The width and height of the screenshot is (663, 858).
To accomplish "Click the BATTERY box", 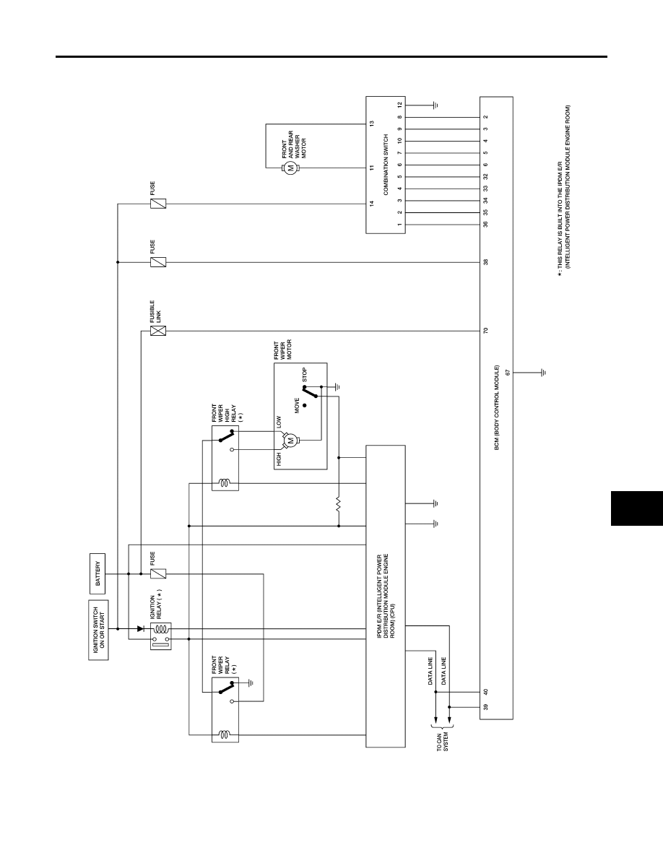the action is [x=98, y=573].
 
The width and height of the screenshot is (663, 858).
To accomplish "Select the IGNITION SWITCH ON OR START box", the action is [x=98, y=630].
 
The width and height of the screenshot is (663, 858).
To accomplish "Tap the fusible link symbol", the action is [x=158, y=331].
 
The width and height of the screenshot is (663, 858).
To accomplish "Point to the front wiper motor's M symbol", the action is [x=291, y=440].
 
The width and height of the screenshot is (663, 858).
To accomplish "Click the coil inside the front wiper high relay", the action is [x=225, y=483].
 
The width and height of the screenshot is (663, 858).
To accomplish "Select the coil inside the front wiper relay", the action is [x=225, y=734].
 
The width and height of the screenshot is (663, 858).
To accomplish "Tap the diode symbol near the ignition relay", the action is [x=140, y=629].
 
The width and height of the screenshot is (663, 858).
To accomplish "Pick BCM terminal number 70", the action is [x=486, y=331].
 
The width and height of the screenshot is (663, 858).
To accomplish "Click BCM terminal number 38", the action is [x=486, y=262].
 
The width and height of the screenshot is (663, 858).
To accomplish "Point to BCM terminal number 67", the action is [x=508, y=373].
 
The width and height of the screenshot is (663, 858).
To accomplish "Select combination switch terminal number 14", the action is [x=371, y=204].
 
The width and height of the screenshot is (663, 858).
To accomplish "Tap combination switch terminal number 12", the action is [x=400, y=105].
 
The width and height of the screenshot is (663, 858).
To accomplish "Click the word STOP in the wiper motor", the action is [x=305, y=375].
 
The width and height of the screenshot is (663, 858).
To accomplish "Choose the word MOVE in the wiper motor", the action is [x=297, y=405].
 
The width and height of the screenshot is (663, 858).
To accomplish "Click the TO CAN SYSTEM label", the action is [x=442, y=742].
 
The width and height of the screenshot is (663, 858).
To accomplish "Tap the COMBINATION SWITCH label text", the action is [x=386, y=165].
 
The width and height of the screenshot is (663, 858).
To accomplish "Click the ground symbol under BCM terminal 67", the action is [x=543, y=373].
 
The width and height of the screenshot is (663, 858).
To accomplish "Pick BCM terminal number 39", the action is [x=486, y=706].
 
